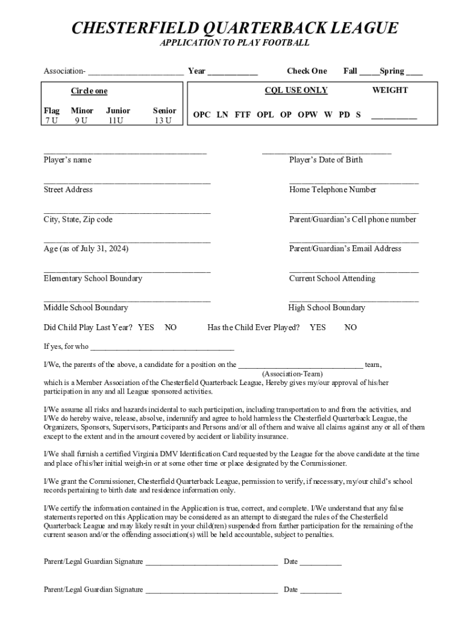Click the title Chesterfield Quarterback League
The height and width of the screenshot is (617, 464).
pos(234,28)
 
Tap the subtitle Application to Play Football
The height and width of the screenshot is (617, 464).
pos(234,43)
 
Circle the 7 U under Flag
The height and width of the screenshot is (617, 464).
pos(51,121)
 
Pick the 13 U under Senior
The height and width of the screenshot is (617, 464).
pos(163,121)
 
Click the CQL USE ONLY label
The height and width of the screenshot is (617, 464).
pos(296,90)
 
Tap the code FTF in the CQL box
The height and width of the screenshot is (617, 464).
pos(243,114)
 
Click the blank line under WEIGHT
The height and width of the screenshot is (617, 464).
pos(393,117)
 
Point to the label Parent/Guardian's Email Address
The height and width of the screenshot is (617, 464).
pos(345,249)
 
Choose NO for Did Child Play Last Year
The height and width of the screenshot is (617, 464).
pos(171,328)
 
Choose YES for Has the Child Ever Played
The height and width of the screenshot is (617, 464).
pos(318,328)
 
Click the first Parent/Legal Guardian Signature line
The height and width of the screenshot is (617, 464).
pos(212,564)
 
